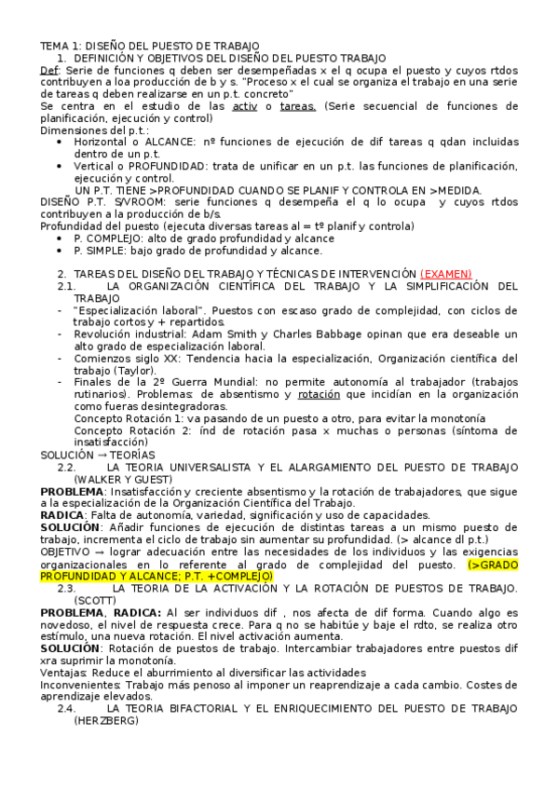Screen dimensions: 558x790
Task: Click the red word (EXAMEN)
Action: (x=446, y=273)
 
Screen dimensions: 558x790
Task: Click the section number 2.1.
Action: (x=66, y=286)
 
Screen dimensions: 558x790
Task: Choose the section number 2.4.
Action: (x=66, y=709)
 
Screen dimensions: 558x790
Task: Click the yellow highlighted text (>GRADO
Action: (x=497, y=565)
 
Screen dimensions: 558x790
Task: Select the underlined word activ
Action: (x=244, y=106)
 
